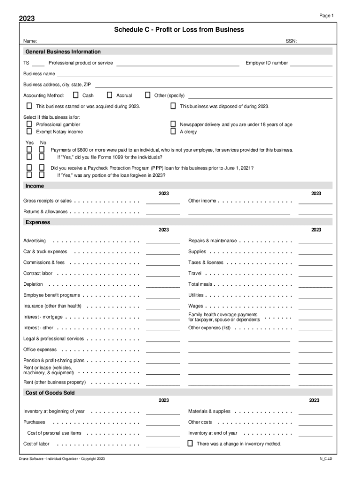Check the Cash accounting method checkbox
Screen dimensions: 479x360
(x=76, y=95)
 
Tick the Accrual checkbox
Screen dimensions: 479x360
(x=110, y=95)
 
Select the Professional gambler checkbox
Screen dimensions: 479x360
(x=29, y=124)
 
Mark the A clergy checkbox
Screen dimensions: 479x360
(x=173, y=132)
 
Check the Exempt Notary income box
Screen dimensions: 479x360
(x=29, y=132)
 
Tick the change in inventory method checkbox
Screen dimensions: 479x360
(x=190, y=443)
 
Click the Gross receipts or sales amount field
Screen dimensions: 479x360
(x=163, y=201)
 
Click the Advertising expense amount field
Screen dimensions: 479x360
(x=163, y=241)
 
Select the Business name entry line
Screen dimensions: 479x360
(x=194, y=74)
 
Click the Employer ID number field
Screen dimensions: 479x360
(x=311, y=63)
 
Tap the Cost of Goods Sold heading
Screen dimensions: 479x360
(x=50, y=393)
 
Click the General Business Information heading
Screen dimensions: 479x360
(x=63, y=51)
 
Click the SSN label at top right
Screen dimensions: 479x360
(x=291, y=41)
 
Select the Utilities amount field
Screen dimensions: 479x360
(x=315, y=296)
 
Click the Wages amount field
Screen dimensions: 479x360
(x=315, y=306)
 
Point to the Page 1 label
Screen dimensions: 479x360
(x=326, y=16)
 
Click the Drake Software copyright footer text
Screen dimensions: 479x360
(x=62, y=459)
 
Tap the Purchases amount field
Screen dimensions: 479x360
(x=163, y=422)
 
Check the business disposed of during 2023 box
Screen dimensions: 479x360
(x=173, y=106)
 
